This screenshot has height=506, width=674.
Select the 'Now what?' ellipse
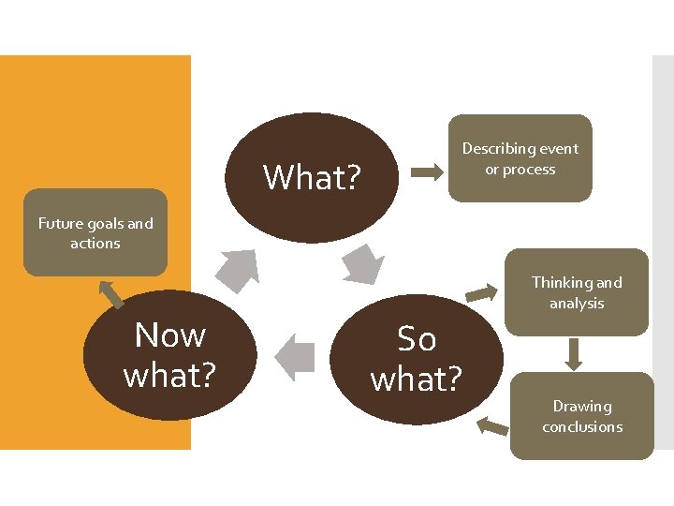pos(169,354)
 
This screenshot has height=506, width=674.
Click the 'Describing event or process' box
pos(520,158)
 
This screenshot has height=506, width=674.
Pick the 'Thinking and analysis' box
pos(576,292)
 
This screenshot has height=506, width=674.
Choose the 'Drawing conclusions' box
pos(581,416)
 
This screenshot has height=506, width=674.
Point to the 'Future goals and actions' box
pos(95,233)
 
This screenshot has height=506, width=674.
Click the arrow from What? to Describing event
pos(429,171)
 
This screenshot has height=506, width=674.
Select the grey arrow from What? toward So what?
pos(363,263)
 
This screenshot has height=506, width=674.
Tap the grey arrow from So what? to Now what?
pos(295,357)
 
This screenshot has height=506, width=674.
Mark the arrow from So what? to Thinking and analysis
pos(482,292)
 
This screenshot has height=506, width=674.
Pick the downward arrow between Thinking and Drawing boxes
pos(575,353)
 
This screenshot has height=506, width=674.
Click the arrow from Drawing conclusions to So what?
pos(492,427)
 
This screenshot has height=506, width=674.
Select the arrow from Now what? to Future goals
pos(112,293)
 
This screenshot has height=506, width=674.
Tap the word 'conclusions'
pos(581,426)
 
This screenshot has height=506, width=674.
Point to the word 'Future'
pos(61,223)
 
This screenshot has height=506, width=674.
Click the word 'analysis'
pos(576,303)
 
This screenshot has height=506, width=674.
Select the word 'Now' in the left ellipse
pos(169,335)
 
